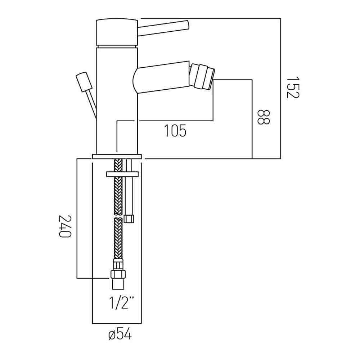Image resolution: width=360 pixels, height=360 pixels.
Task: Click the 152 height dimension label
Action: (x=293, y=87)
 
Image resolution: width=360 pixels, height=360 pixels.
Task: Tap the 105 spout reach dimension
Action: (x=175, y=131)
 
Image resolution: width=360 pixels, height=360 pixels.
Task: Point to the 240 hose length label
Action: (x=65, y=226)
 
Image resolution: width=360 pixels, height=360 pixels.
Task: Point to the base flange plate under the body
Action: (x=117, y=157)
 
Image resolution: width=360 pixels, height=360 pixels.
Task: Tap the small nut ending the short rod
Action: (x=129, y=219)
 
